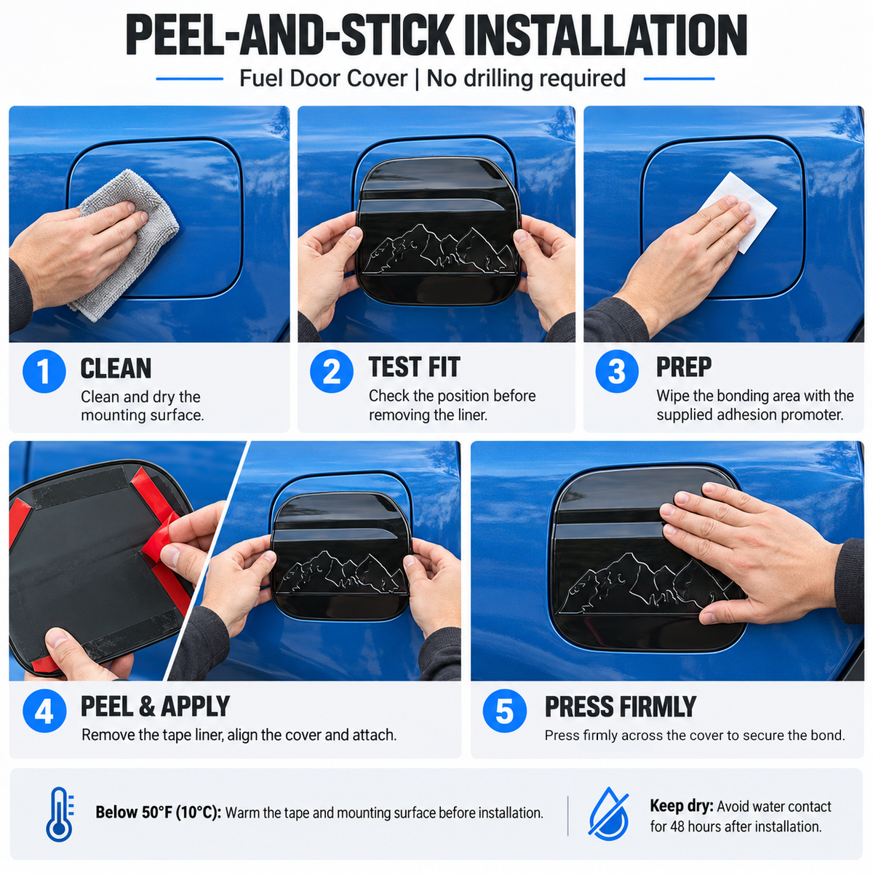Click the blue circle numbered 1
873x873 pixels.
pos(44,371)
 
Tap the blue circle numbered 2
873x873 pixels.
pos(332,371)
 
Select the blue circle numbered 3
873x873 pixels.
pos(617,371)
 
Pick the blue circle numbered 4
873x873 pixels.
pos(44,711)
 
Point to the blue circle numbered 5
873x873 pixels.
pos(505,711)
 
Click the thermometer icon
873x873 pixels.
pos(60,814)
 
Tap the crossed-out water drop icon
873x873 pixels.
pos(608,814)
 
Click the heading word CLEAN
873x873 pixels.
pos(116,368)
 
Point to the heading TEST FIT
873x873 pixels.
pos(414,367)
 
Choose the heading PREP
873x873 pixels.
pos(684,367)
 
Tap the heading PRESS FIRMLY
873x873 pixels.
pos(621,706)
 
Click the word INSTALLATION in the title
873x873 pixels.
pos(606,35)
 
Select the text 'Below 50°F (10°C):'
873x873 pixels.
pos(158,813)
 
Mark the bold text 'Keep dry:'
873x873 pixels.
pos(682,805)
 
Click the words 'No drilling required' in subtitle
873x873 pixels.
pos(526,78)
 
